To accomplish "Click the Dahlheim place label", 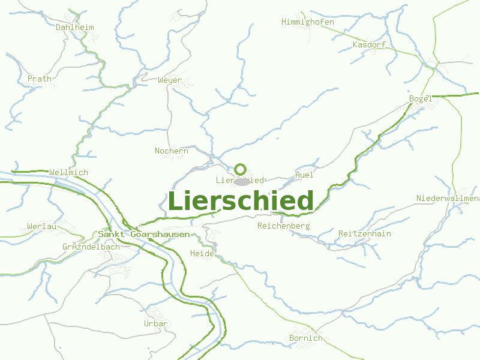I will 75,27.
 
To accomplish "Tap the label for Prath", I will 40,79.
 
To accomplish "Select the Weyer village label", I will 170,80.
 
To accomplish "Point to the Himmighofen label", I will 308,22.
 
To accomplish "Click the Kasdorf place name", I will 369,45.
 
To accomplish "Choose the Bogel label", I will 421,98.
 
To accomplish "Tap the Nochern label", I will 172,151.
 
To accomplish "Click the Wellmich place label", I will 68,173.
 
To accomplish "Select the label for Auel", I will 305,175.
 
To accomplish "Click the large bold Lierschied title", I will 241,201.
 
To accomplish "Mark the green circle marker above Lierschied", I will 241,169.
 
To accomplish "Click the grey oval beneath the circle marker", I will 241,181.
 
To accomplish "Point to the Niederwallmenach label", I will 448,199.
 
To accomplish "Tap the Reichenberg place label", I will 283,226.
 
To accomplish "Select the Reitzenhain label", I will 365,233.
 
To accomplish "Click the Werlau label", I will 42,226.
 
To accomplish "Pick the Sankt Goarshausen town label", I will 144,235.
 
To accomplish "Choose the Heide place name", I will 202,254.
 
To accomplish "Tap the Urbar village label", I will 156,324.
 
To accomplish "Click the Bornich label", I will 306,338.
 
